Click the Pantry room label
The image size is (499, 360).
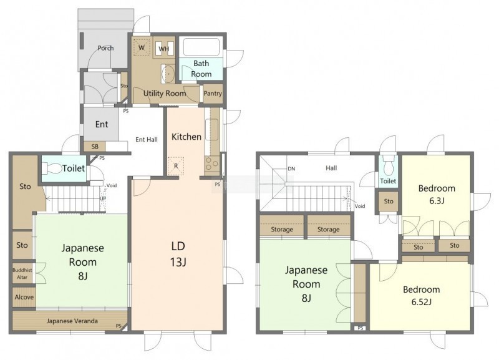pos(213,94)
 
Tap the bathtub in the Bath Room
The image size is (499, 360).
pos(201,47)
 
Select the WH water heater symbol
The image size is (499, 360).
pos(164,49)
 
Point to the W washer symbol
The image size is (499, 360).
pos(142,47)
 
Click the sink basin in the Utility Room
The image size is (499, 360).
pos(168,73)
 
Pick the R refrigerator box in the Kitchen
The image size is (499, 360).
pos(176,166)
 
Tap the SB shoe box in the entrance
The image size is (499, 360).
pos(95,147)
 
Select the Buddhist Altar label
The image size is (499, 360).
pos(22,273)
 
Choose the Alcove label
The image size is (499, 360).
pos(24,297)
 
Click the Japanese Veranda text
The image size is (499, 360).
pos(72,321)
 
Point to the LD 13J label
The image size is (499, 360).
pos(178,254)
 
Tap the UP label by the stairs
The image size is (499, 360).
pos(103,198)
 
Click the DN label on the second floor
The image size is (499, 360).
pos(291,168)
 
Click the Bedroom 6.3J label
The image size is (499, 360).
pos(437,194)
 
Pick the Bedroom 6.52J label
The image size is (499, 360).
pos(422,295)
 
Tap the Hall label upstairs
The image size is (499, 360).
pos(331,168)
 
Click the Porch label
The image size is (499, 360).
pos(105,48)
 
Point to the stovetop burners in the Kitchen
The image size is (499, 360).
pos(211,164)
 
